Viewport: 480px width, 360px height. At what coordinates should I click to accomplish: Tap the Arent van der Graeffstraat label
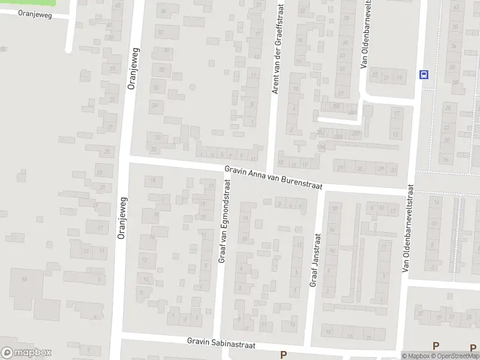click(x=277, y=47)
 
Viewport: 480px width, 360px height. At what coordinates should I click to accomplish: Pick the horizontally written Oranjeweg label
click(x=35, y=14)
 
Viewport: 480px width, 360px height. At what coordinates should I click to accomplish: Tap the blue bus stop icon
click(x=424, y=74)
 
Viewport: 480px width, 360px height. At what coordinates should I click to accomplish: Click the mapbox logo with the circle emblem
click(x=26, y=353)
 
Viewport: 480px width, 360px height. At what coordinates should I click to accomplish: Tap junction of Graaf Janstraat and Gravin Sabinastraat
click(x=307, y=346)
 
